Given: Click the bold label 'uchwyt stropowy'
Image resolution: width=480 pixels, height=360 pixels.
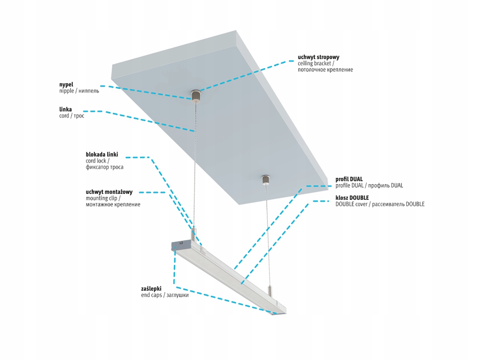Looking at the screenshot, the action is (318, 57).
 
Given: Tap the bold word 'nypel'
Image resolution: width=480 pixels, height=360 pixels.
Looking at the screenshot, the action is (66, 85).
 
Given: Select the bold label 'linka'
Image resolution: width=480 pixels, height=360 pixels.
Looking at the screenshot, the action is (66, 109).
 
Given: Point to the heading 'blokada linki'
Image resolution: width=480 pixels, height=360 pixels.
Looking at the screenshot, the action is (102, 155).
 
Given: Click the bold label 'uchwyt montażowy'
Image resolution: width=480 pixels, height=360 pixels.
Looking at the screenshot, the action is (109, 192).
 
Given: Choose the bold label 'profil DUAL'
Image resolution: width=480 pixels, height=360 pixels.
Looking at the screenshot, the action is (349, 179).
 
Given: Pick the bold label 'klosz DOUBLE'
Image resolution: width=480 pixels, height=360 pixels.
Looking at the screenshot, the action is (352, 198).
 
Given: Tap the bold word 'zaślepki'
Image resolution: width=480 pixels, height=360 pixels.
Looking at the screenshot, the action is (151, 289).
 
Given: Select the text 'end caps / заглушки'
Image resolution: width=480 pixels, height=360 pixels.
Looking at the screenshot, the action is (165, 295).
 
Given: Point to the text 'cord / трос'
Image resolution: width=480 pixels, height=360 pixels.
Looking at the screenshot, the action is (72, 116).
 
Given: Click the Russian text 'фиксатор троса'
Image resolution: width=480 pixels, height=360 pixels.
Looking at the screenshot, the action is (104, 167).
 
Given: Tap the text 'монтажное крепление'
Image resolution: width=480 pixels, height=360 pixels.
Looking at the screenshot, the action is (113, 204).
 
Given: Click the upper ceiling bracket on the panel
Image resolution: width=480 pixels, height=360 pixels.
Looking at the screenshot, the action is (196, 96).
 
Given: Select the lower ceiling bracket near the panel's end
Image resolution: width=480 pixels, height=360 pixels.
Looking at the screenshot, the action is (265, 180).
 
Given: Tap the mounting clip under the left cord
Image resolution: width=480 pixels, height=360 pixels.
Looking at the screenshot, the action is (194, 235).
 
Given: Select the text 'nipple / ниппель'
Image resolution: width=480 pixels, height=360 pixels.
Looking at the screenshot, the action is (79, 91).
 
